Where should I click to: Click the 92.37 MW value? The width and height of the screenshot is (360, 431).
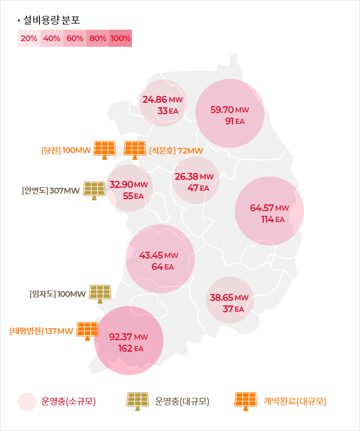[x=129, y=337]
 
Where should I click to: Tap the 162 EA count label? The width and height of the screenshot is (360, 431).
[x=130, y=348]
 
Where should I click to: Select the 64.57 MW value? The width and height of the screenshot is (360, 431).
[x=270, y=207]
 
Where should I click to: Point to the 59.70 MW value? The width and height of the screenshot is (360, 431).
[x=230, y=110]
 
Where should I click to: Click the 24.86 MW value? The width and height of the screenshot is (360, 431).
[x=162, y=99]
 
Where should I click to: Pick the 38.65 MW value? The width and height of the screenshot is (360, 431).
[x=229, y=297]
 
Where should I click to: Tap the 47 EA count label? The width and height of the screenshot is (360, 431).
[x=198, y=187]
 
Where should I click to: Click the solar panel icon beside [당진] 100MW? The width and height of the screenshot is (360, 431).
[x=105, y=150]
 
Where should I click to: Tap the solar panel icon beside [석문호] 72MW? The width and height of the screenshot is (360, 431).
[x=135, y=150]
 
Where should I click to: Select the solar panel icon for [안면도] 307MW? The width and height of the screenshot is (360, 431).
[x=94, y=190]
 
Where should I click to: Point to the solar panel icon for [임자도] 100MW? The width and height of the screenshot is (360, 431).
[x=100, y=293]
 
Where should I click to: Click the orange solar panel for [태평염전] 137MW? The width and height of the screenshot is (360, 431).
[x=87, y=331]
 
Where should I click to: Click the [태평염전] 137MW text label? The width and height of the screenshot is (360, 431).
[x=42, y=331]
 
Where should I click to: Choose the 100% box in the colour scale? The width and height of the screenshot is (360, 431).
[x=121, y=39]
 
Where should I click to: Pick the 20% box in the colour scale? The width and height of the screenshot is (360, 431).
[x=29, y=39]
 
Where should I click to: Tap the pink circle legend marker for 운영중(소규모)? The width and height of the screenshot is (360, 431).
[x=27, y=402]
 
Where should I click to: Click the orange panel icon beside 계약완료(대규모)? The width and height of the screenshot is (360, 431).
[x=246, y=401]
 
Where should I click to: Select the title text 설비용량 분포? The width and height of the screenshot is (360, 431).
[x=51, y=19]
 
